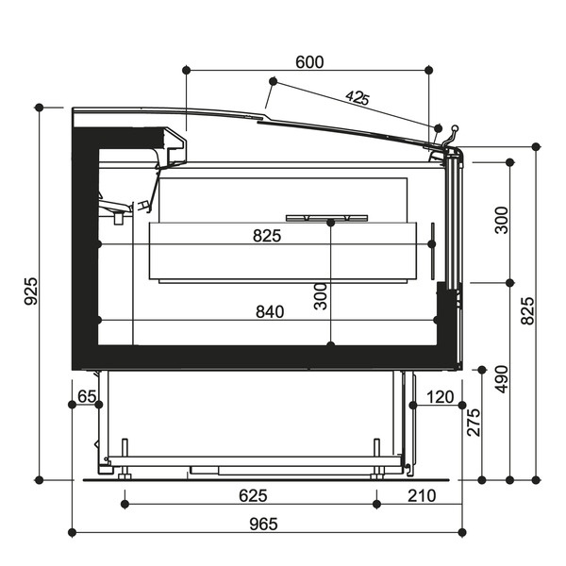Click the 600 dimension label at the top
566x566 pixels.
309,62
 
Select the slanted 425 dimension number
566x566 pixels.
358,97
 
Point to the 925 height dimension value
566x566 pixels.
31,291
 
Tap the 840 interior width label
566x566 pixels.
270,311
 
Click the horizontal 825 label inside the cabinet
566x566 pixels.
267,236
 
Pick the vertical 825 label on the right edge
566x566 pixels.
527,310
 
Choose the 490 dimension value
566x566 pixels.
502,379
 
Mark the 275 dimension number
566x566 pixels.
474,423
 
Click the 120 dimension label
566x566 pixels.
441,397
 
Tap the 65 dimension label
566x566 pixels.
87,396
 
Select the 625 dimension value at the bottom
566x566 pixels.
253,495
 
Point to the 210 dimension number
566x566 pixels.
422,495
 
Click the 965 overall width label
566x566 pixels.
263,524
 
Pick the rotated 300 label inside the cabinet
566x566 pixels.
320,296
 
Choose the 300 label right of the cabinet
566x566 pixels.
502,220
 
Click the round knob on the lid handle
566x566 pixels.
456,127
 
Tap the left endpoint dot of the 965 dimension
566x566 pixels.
73,532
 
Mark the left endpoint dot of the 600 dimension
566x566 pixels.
186,70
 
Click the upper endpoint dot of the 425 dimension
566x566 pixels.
274,81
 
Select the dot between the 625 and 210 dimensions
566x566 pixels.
376,505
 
